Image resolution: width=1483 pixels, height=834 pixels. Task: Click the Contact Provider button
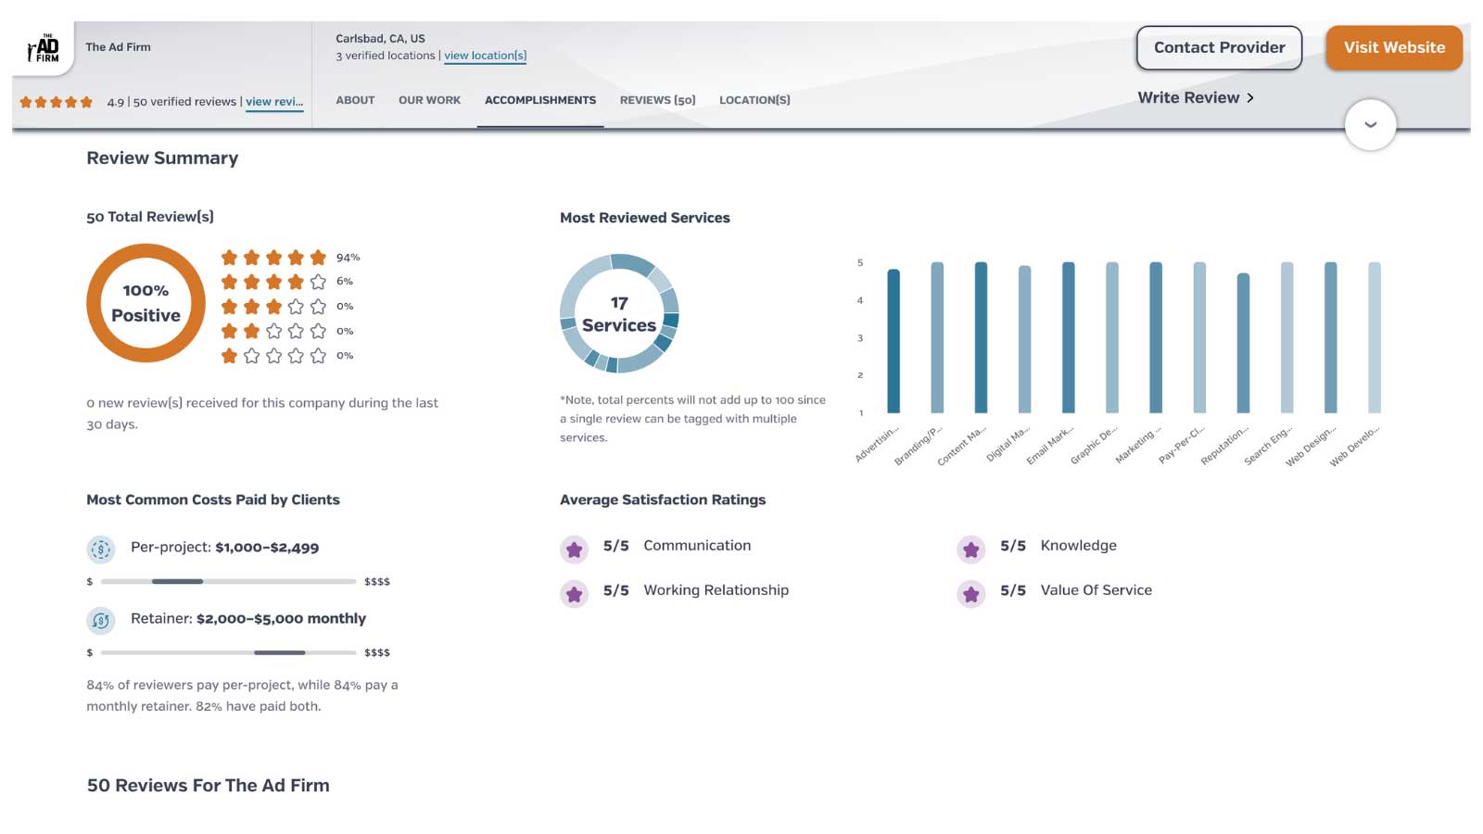1219,48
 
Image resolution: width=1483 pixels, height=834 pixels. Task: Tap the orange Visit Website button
1394,48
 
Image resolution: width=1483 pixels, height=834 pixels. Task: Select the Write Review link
1196,98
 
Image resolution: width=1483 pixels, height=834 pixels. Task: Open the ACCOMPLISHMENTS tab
540,100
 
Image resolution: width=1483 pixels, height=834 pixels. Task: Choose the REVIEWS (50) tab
657,100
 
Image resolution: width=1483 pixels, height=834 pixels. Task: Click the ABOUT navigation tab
355,100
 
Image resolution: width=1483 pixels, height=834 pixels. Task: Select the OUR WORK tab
429,100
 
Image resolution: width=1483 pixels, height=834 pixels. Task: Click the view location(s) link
485,56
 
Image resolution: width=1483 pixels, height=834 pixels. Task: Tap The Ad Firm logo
43,48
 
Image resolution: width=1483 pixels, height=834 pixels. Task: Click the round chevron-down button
1370,125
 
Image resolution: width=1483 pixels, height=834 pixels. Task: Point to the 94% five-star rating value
348,258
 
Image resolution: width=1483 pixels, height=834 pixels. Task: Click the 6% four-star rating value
345,282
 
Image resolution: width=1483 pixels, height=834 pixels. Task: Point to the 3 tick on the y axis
860,338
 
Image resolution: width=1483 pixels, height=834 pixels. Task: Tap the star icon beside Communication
575,550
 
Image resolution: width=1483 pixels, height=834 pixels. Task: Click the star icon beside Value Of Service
970,594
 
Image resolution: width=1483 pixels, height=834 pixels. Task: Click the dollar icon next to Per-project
101,550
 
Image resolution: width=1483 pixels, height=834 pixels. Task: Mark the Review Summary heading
162,158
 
